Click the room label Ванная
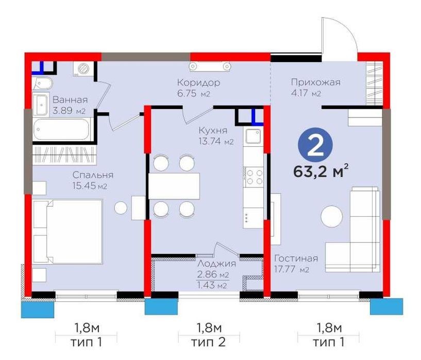point(70,100)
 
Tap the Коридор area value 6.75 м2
point(194,93)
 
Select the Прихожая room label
point(316,82)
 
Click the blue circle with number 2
point(315,145)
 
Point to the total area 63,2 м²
point(321,172)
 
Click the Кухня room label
point(213,131)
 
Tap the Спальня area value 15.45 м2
point(90,185)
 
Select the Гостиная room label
point(296,259)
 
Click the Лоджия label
point(216,264)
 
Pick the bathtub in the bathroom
point(61,129)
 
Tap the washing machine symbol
point(83,68)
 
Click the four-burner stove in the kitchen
point(253,177)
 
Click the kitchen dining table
point(174,186)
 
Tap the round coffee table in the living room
point(331,216)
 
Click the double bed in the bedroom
point(68,232)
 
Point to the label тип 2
point(208,342)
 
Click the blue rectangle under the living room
point(386,306)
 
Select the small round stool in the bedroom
point(121,208)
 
